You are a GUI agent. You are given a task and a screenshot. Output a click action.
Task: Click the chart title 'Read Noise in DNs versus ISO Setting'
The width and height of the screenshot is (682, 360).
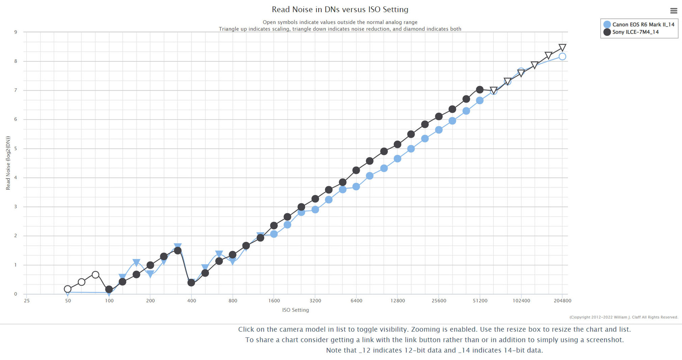pyautogui.click(x=340, y=10)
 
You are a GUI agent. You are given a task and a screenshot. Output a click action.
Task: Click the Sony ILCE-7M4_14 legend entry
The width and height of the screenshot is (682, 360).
pyautogui.click(x=635, y=32)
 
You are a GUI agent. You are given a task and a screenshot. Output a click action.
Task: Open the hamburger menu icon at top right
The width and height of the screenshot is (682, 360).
pyautogui.click(x=673, y=11)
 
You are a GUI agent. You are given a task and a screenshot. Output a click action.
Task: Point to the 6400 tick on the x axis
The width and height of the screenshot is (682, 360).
pyautogui.click(x=356, y=301)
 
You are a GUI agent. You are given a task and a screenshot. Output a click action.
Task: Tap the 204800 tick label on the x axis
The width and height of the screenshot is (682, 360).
pyautogui.click(x=562, y=301)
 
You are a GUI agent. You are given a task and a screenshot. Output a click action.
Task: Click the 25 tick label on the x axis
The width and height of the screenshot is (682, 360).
pyautogui.click(x=27, y=301)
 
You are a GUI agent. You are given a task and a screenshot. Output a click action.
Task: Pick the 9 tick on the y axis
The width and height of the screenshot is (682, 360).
pyautogui.click(x=16, y=32)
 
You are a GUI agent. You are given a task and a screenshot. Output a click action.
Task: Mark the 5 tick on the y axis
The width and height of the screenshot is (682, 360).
pyautogui.click(x=16, y=148)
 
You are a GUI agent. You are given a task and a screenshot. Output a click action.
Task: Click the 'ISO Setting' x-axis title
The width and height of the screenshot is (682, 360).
pyautogui.click(x=296, y=310)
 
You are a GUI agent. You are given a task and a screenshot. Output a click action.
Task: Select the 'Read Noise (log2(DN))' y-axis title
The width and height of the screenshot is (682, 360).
pyautogui.click(x=8, y=163)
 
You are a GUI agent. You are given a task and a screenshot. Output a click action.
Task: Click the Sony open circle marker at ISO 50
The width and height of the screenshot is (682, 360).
pyautogui.click(x=67, y=289)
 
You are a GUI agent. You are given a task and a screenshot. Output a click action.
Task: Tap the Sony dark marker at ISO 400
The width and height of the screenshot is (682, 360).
pyautogui.click(x=191, y=283)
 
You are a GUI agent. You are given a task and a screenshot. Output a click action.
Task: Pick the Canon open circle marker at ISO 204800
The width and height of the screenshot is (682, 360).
pyautogui.click(x=562, y=56)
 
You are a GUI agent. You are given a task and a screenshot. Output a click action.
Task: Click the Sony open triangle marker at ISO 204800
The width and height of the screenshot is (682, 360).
pyautogui.click(x=562, y=48)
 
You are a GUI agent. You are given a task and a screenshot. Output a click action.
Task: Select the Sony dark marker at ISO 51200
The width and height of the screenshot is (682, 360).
pyautogui.click(x=480, y=89)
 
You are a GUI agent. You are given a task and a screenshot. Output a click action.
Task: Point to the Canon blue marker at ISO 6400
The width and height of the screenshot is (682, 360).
pyautogui.click(x=356, y=186)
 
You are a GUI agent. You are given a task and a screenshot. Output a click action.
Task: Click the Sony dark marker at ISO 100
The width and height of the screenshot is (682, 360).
pyautogui.click(x=109, y=289)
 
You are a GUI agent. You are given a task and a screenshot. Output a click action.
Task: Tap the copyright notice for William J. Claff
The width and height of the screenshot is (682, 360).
pyautogui.click(x=624, y=317)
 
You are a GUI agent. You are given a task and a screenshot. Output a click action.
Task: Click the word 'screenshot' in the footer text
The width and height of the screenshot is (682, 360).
pyautogui.click(x=604, y=340)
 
